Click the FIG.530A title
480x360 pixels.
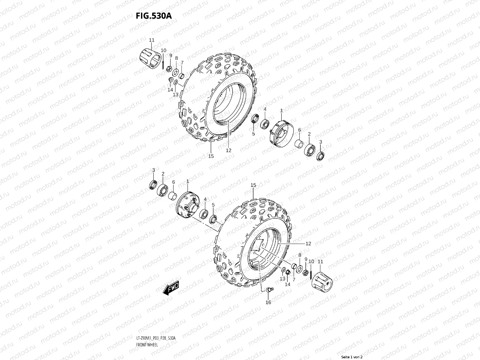[154, 16]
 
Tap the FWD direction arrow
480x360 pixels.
[171, 288]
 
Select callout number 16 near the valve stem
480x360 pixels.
[268, 302]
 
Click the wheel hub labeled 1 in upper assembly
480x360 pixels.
[281, 133]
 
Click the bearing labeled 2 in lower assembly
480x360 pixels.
[162, 190]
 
